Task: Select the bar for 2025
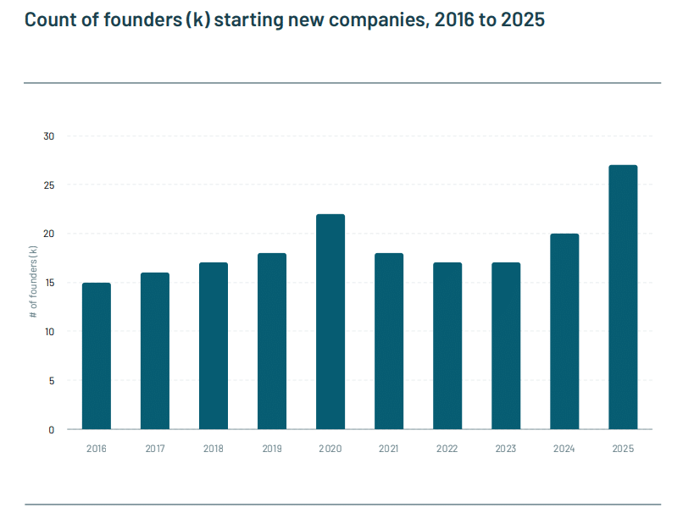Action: tap(623, 297)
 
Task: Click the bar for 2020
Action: tap(330, 322)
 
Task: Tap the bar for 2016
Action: tap(97, 356)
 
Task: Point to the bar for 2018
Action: tap(214, 345)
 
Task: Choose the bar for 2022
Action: tap(447, 345)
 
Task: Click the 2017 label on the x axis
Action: tap(155, 448)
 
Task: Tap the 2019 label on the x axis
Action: tap(272, 448)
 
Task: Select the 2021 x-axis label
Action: tap(389, 448)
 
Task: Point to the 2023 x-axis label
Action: tap(506, 448)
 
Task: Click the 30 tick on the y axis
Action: tap(49, 136)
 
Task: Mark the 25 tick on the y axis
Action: tap(49, 185)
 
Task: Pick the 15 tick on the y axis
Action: tap(49, 283)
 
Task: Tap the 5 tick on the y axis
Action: tap(51, 381)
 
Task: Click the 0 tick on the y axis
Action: tap(51, 429)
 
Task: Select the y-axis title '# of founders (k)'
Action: tap(33, 283)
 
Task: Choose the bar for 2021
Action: tap(389, 341)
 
